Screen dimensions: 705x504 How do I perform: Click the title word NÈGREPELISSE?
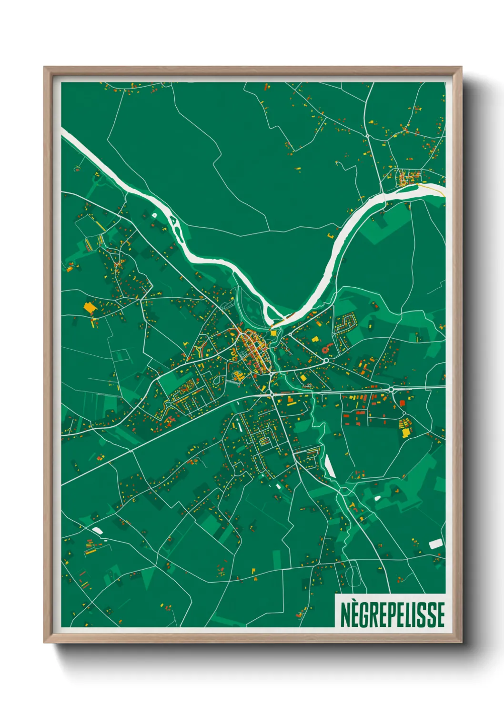pos(393,614)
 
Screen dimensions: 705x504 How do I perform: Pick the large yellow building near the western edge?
pos(89,307)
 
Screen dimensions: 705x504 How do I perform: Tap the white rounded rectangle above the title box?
pos(435,544)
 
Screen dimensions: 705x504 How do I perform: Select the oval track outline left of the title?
pos(352,575)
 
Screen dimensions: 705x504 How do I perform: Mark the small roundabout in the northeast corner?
pos(368,136)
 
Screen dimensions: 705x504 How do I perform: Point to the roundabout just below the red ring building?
pos(326,361)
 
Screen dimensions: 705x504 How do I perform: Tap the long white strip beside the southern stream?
pos(329,466)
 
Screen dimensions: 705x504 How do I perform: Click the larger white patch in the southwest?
pos(97,530)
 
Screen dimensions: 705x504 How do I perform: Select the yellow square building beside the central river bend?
pos(273,333)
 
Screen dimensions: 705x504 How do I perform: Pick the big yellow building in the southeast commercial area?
pos(405,433)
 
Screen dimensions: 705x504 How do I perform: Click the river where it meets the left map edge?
pos(64,131)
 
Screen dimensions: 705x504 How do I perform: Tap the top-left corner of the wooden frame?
pos(45,68)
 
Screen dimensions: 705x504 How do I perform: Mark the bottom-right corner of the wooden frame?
pos(461,642)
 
